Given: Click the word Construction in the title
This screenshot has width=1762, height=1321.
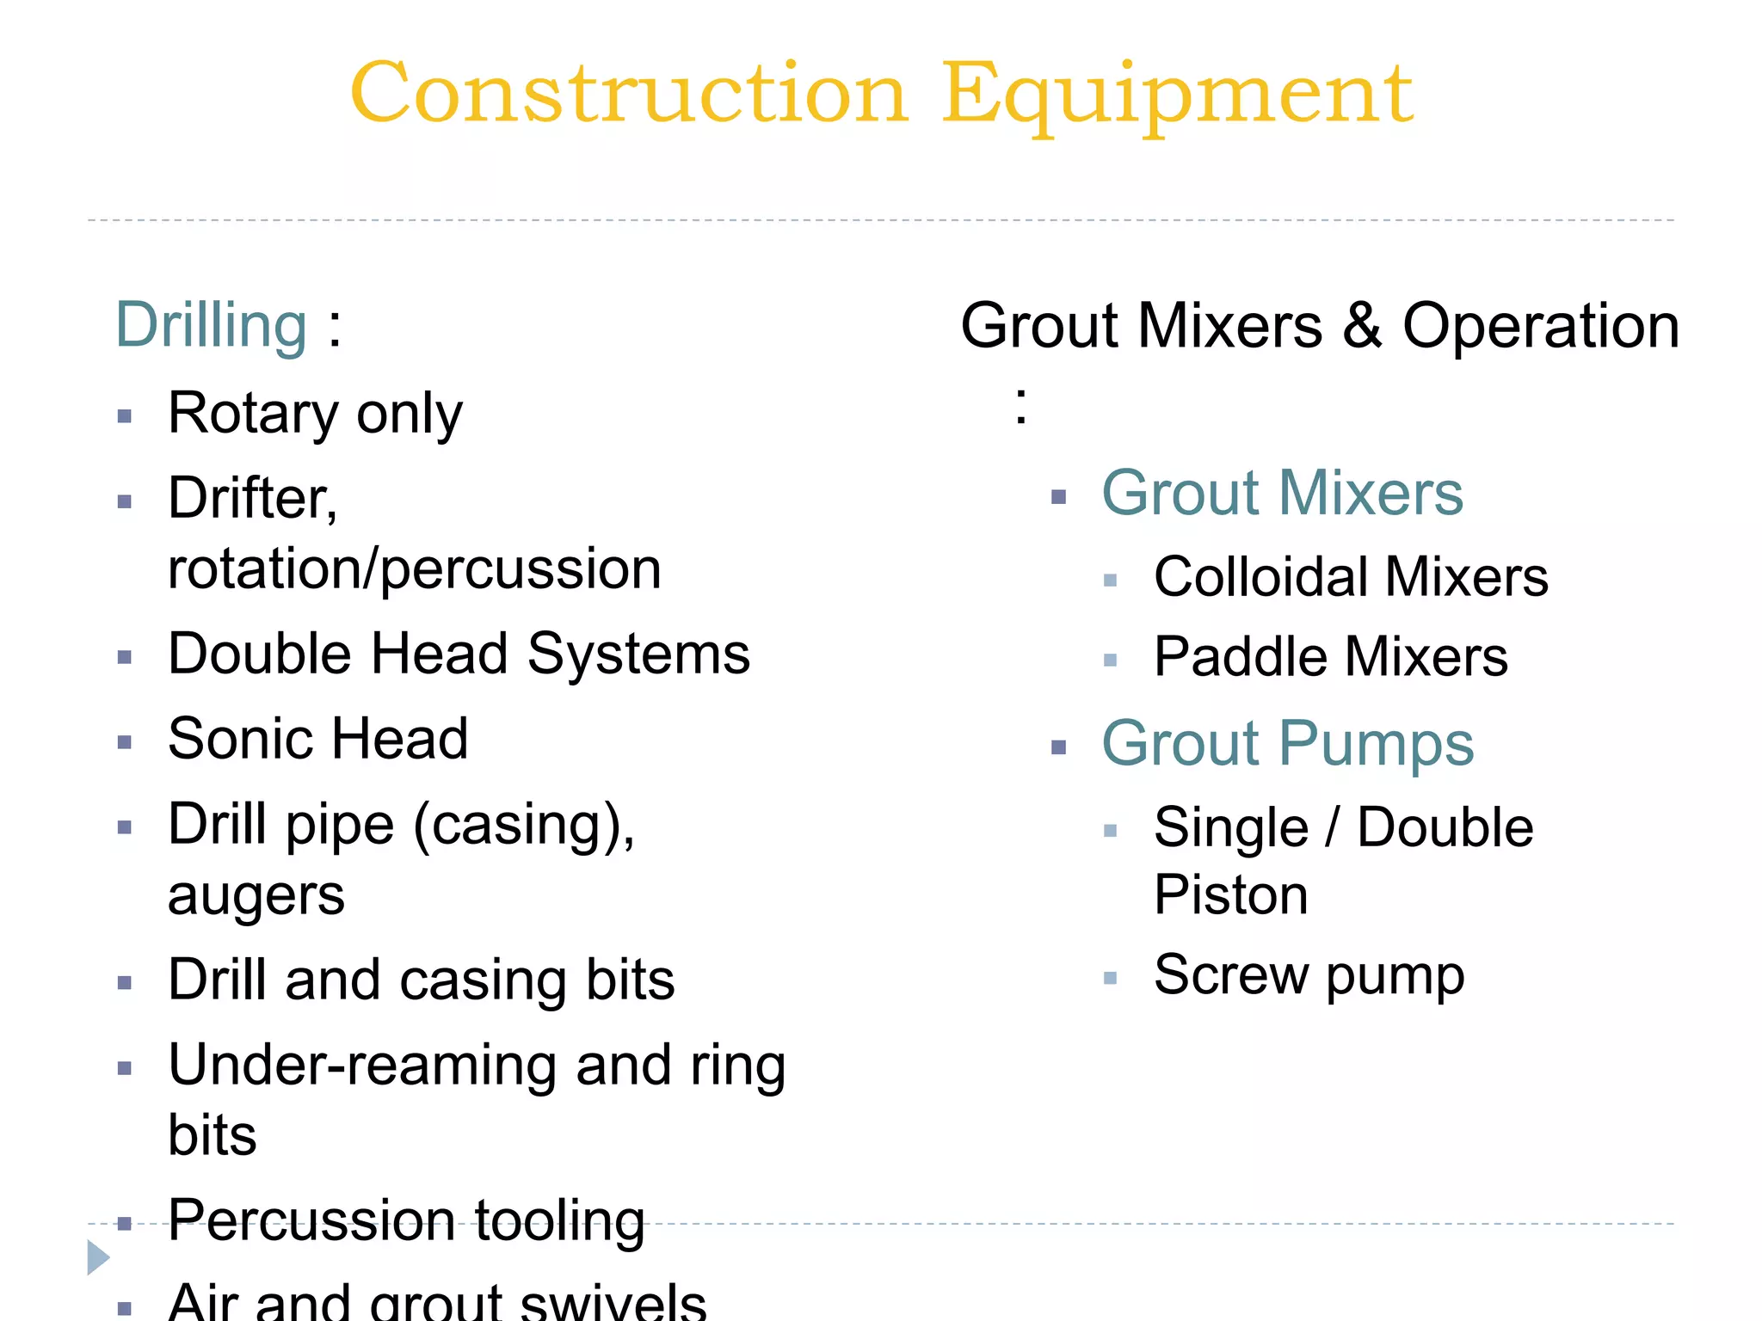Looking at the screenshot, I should [x=629, y=94].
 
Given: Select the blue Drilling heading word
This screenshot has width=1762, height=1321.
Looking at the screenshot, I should [x=212, y=326].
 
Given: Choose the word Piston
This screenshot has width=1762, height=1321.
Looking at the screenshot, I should [x=1231, y=895].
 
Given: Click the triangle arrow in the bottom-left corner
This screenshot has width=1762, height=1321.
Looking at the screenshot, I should [x=98, y=1257].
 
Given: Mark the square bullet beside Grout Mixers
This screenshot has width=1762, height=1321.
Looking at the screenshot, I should [x=1059, y=497].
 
